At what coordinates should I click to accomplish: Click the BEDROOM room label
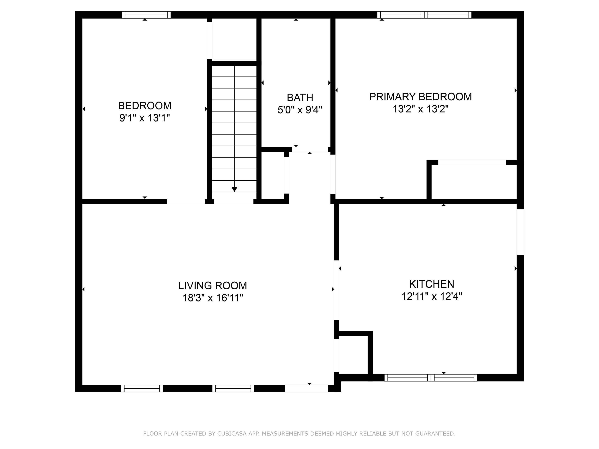(145, 106)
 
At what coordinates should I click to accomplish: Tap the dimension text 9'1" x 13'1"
(145, 118)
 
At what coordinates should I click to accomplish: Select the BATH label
(300, 97)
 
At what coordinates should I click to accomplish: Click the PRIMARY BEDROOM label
(420, 97)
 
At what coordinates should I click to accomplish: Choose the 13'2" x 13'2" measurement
(420, 109)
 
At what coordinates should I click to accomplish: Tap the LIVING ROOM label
(213, 285)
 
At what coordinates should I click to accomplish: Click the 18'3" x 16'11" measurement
(213, 298)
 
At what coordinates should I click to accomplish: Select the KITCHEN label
(432, 284)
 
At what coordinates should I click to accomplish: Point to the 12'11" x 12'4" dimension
(432, 296)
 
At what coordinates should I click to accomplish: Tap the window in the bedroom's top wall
(146, 15)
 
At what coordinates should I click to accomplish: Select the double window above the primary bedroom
(424, 15)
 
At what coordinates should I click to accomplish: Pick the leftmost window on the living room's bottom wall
(142, 388)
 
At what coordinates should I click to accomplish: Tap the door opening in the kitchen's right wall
(520, 232)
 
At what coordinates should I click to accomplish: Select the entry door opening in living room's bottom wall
(306, 388)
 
